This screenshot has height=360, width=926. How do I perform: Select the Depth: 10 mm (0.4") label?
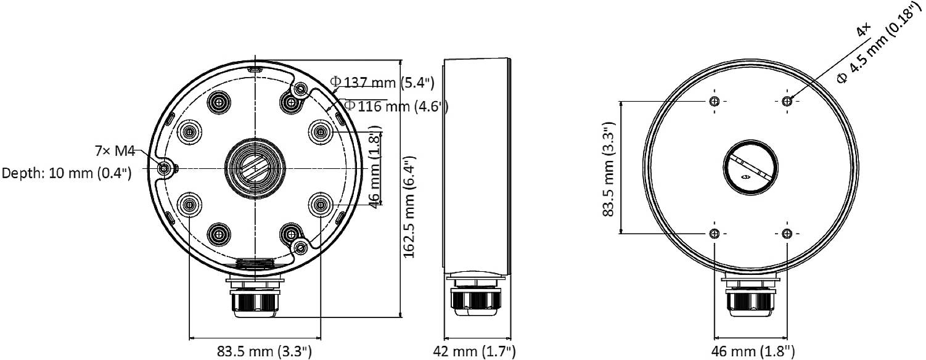tap(67, 173)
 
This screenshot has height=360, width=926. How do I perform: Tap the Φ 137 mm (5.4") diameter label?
tap(382, 82)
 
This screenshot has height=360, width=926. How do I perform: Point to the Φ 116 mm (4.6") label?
tap(395, 106)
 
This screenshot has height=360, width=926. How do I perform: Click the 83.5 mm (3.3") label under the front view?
tap(264, 351)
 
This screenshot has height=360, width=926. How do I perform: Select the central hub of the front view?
tap(254, 168)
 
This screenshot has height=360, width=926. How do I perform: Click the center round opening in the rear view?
tap(750, 168)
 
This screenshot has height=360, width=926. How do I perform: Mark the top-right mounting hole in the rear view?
tap(786, 101)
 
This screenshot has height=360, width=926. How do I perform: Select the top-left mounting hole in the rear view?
tap(714, 101)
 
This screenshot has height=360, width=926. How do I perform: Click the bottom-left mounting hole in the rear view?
tap(714, 234)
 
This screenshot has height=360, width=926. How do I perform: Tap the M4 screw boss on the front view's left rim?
tap(165, 168)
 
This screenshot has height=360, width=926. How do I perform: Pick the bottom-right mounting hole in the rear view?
tap(786, 234)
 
